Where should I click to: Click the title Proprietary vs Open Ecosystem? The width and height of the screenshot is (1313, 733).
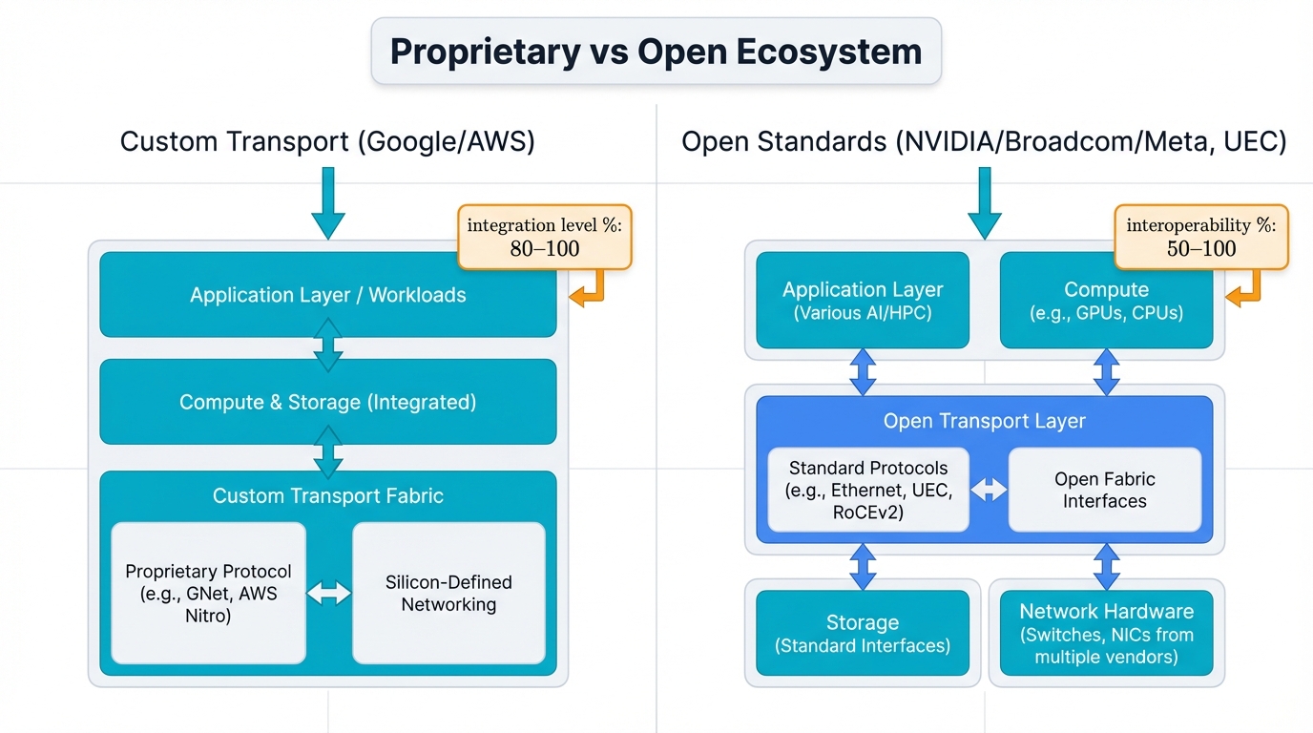(656, 51)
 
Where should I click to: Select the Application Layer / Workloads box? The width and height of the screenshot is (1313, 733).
(327, 295)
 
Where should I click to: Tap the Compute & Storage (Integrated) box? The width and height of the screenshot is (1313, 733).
(327, 402)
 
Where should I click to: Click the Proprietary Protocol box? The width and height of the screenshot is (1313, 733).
(208, 593)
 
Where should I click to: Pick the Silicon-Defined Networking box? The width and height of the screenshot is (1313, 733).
(448, 593)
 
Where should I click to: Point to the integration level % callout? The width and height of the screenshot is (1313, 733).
(545, 237)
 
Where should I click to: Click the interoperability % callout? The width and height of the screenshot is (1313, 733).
(1200, 237)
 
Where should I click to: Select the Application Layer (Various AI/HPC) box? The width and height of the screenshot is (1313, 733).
(863, 300)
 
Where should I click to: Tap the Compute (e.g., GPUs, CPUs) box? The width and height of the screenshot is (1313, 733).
(1106, 300)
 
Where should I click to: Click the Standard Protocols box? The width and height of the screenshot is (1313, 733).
(868, 490)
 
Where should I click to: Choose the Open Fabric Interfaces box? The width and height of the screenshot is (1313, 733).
(1104, 490)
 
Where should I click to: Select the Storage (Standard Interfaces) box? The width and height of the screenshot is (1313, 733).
(863, 633)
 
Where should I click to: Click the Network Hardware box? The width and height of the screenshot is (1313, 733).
(1106, 633)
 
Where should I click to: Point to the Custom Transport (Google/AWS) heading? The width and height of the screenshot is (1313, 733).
(327, 142)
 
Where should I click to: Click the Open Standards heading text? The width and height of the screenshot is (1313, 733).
(984, 142)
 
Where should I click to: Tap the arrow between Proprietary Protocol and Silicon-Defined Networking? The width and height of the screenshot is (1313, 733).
(329, 593)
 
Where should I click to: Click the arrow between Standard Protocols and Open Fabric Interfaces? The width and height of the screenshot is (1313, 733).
(989, 490)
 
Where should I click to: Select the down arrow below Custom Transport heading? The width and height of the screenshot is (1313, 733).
(327, 202)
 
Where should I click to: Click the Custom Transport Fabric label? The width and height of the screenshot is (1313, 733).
(327, 495)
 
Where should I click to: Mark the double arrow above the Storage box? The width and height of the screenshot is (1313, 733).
(863, 567)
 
